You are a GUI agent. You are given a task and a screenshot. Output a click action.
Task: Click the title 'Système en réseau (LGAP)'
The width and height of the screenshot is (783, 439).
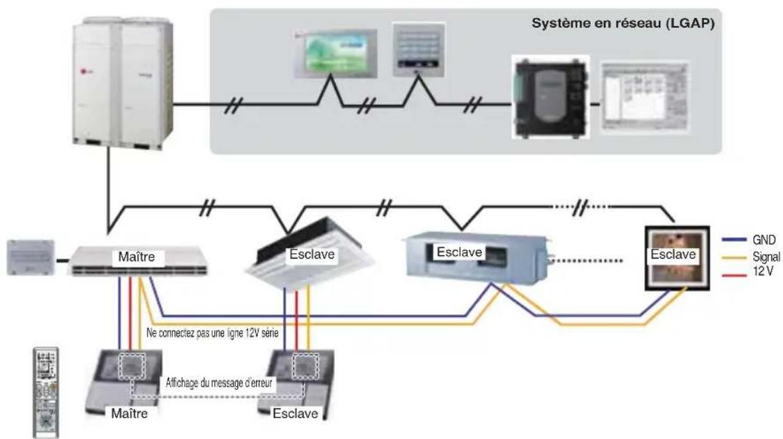click(623, 23)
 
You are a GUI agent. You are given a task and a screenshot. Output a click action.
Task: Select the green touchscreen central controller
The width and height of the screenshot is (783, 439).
click(335, 54)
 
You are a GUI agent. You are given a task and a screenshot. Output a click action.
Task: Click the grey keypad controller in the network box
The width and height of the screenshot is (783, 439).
click(418, 50)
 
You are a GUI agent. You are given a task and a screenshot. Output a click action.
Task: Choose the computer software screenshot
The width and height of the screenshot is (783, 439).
click(644, 97)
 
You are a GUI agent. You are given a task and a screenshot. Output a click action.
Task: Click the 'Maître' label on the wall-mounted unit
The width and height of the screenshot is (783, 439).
click(137, 257)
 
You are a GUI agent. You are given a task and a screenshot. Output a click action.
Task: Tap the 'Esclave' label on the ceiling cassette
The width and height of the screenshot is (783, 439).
click(312, 254)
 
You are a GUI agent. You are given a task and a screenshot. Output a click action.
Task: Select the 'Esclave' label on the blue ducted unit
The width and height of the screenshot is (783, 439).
click(459, 252)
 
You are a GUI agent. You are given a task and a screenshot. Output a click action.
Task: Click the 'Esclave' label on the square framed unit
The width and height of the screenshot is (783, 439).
click(673, 254)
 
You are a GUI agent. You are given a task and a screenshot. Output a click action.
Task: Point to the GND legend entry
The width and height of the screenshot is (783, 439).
click(749, 240)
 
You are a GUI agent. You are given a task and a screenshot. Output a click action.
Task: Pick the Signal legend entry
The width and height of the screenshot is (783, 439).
click(751, 257)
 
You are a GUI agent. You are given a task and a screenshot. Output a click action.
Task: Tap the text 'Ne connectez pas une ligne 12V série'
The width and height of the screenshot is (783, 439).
click(212, 333)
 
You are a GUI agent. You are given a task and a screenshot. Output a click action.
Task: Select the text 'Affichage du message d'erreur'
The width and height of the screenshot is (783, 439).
click(219, 383)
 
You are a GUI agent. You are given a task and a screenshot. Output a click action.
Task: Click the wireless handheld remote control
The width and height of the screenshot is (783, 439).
click(46, 393)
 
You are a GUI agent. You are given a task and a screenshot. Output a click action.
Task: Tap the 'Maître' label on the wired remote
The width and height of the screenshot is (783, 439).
click(129, 414)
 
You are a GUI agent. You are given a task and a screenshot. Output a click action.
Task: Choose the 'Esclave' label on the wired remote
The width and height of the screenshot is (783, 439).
click(295, 414)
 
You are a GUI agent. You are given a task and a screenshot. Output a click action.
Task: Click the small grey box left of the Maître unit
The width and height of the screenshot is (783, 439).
click(30, 257)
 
